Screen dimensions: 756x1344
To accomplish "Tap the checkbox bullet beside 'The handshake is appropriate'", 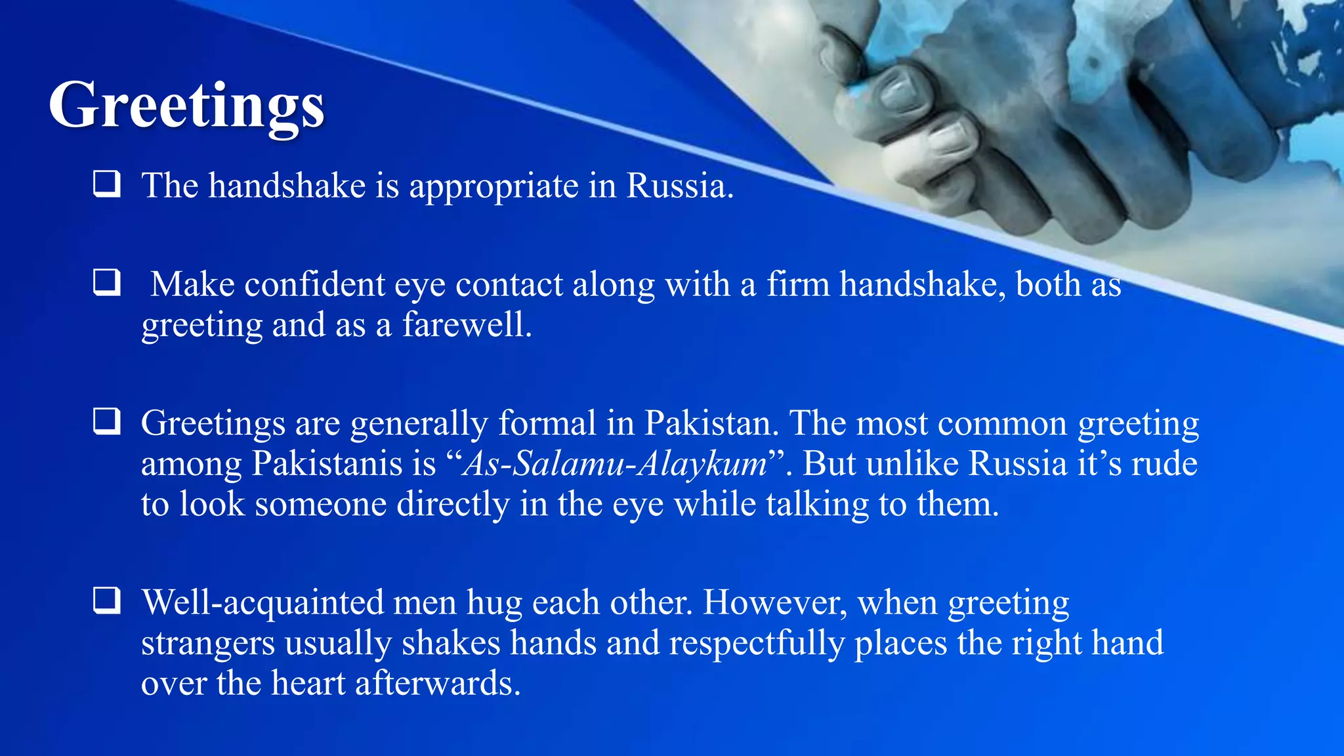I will click(106, 184).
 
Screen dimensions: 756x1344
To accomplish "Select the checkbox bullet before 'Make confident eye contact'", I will click(106, 283).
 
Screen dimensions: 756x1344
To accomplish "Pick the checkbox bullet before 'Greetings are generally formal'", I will click(106, 421).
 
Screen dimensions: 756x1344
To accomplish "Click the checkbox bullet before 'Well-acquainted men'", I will click(106, 600).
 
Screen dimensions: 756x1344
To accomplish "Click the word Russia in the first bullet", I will click(679, 186).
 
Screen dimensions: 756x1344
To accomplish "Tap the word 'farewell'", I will click(466, 325).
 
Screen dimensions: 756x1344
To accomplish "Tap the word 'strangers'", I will click(207, 643).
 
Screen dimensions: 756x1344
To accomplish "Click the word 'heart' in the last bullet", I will click(308, 683).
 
